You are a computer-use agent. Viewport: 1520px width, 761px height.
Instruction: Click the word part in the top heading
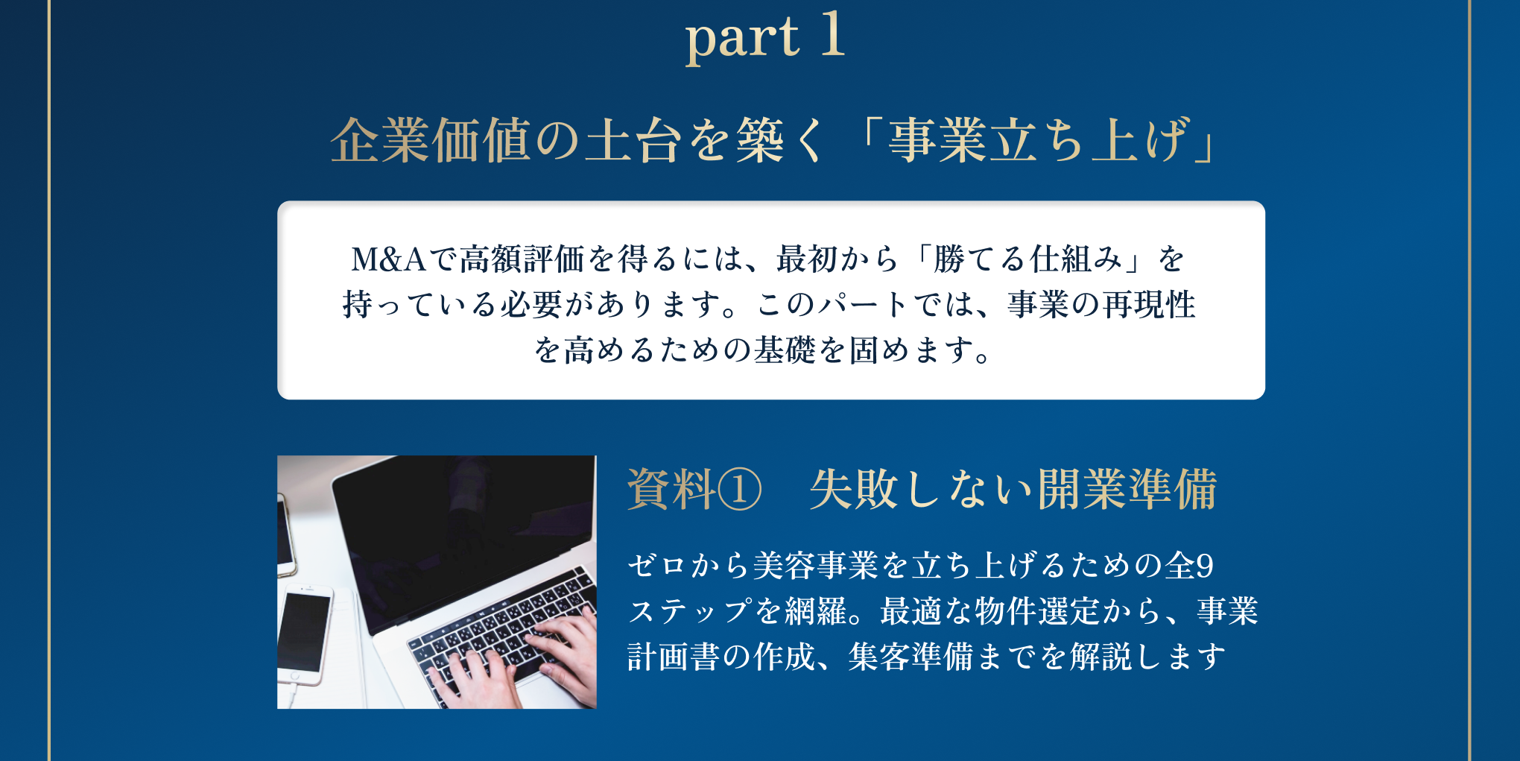click(742, 40)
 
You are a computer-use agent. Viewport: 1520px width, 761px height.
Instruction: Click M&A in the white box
click(388, 259)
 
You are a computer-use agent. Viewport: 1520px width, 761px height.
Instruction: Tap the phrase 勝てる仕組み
click(1027, 259)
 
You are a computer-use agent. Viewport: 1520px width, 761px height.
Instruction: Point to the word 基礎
click(785, 350)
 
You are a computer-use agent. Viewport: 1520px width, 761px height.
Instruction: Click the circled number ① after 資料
click(739, 490)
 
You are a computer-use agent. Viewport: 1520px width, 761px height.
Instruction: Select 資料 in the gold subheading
click(671, 489)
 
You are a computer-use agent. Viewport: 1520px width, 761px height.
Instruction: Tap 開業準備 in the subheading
click(1127, 489)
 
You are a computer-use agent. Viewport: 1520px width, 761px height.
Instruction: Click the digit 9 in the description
click(1206, 566)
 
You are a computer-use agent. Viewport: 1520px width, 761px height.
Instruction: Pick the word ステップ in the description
click(690, 611)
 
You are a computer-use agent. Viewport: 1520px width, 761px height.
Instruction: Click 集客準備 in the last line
click(911, 657)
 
